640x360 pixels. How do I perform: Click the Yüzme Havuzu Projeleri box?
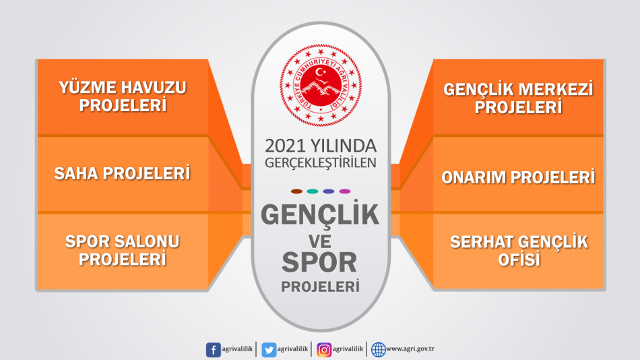click(123, 97)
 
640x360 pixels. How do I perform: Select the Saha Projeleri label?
click(123, 173)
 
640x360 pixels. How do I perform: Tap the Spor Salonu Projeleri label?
click(123, 250)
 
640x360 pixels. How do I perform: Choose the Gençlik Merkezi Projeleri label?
click(518, 98)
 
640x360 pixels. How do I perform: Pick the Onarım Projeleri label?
click(518, 177)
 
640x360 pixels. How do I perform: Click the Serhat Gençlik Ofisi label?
click(519, 251)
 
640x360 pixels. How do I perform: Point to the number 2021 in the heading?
click(285, 146)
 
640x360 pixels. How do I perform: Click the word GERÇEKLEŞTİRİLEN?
click(321, 162)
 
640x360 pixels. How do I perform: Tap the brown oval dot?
click(296, 191)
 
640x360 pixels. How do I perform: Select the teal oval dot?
click(313, 191)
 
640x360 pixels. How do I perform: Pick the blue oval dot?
click(329, 191)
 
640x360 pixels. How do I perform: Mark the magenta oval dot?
click(345, 191)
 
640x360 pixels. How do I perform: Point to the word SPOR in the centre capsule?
click(319, 262)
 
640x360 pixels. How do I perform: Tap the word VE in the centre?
click(319, 241)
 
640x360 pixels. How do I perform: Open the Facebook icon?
click(213, 350)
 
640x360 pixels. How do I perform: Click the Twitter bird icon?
click(269, 350)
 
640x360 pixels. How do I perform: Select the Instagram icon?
click(324, 350)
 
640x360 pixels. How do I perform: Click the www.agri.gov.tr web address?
click(410, 349)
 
